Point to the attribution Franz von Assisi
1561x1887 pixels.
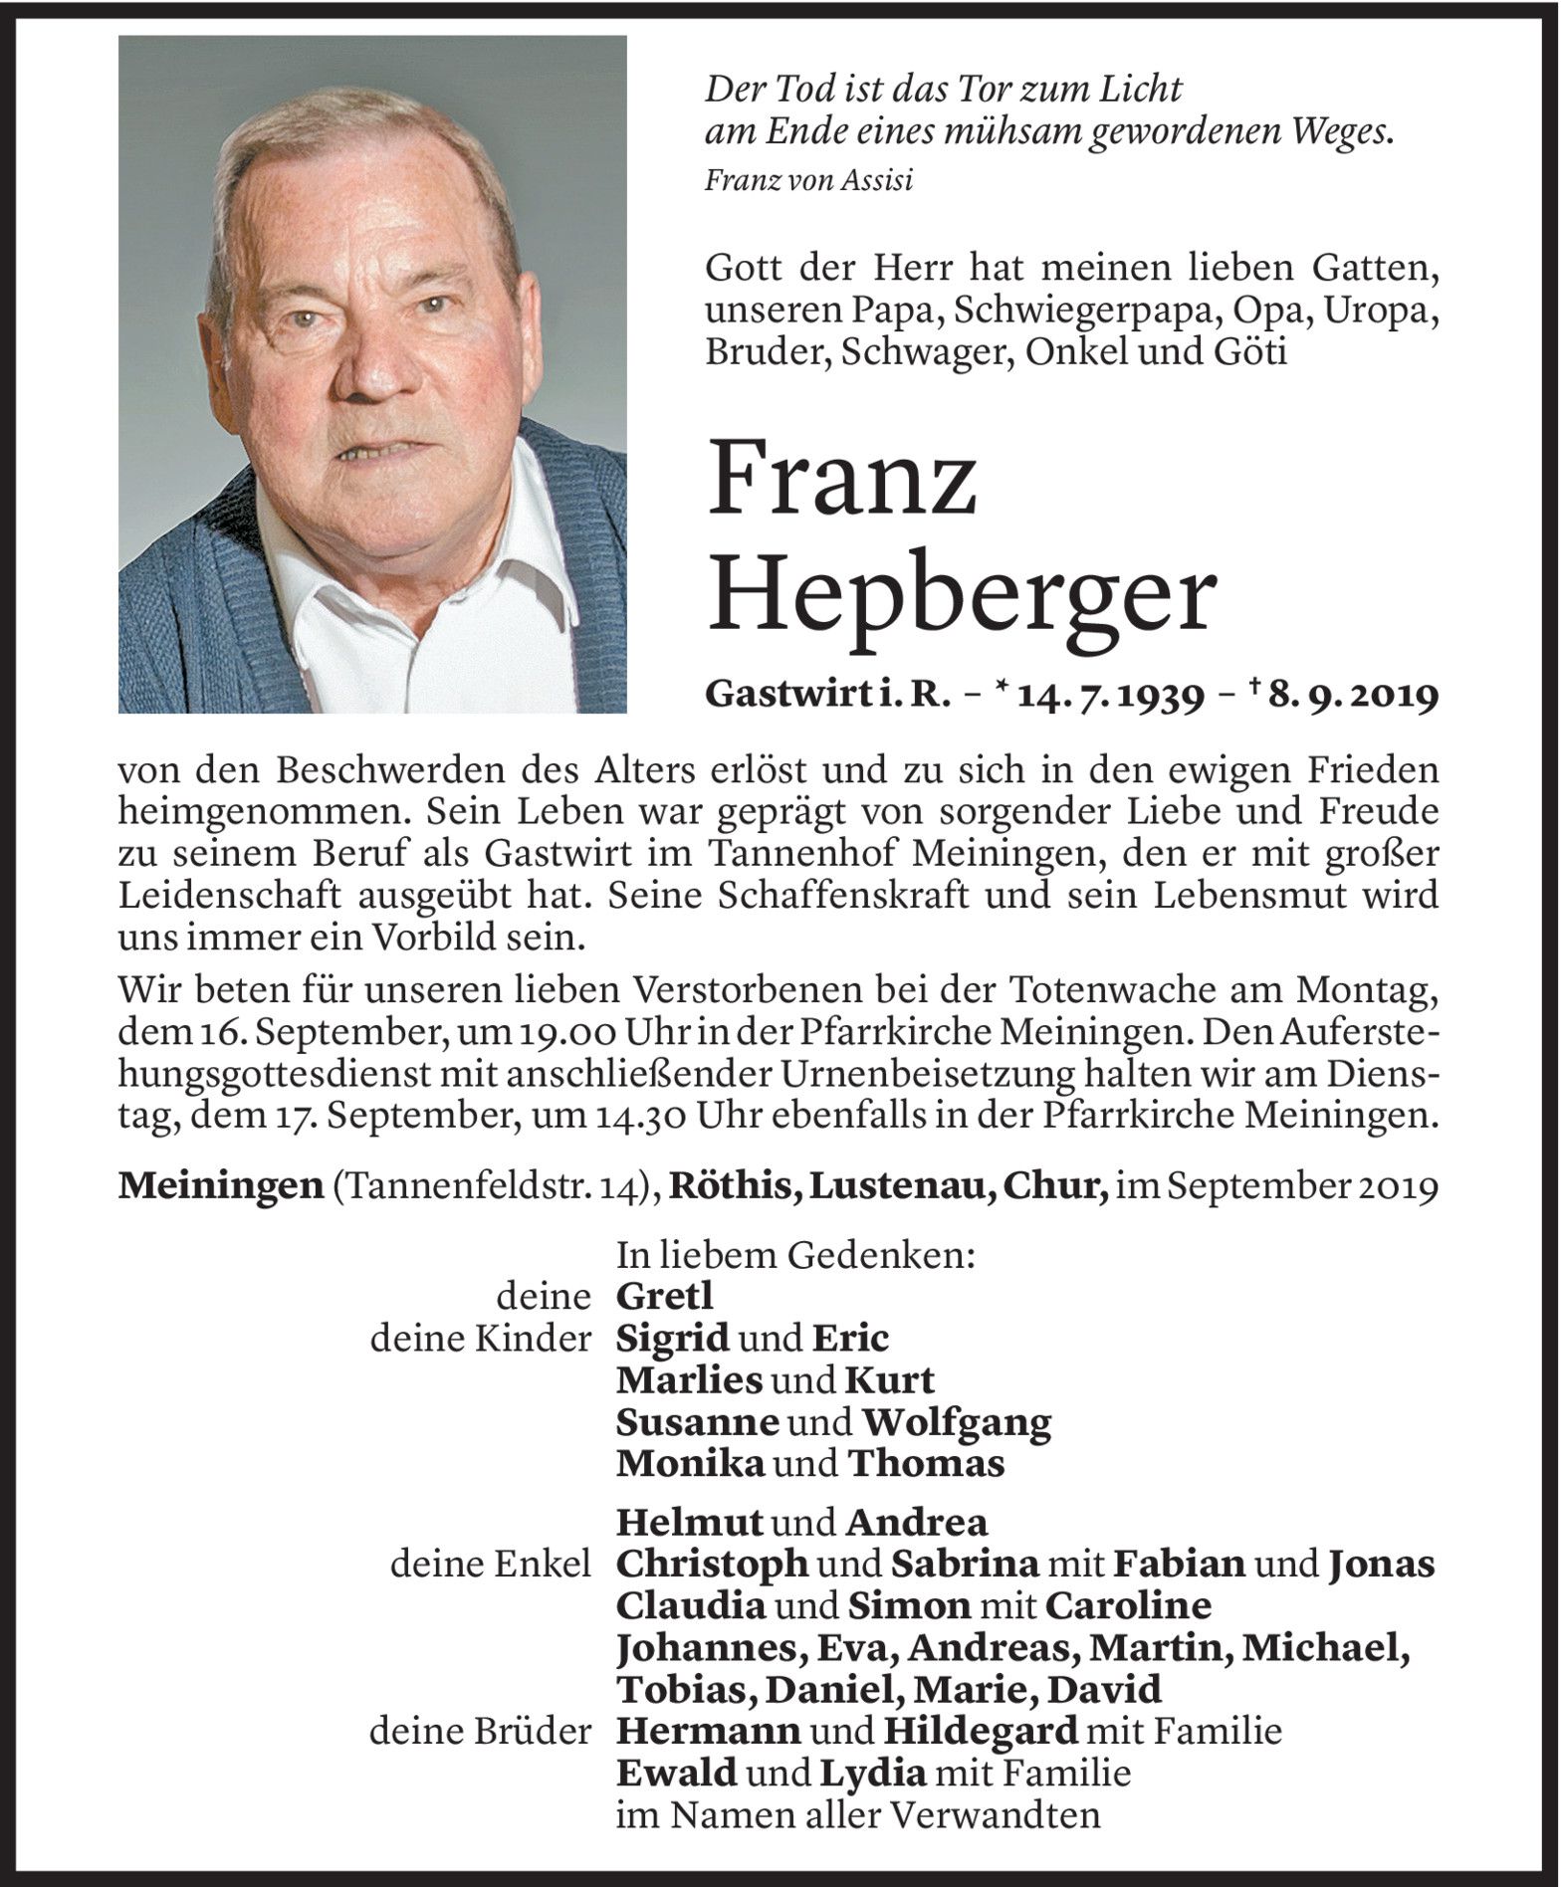(x=808, y=180)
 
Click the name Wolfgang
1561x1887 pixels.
(x=956, y=1422)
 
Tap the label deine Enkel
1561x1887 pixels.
(x=490, y=1564)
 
